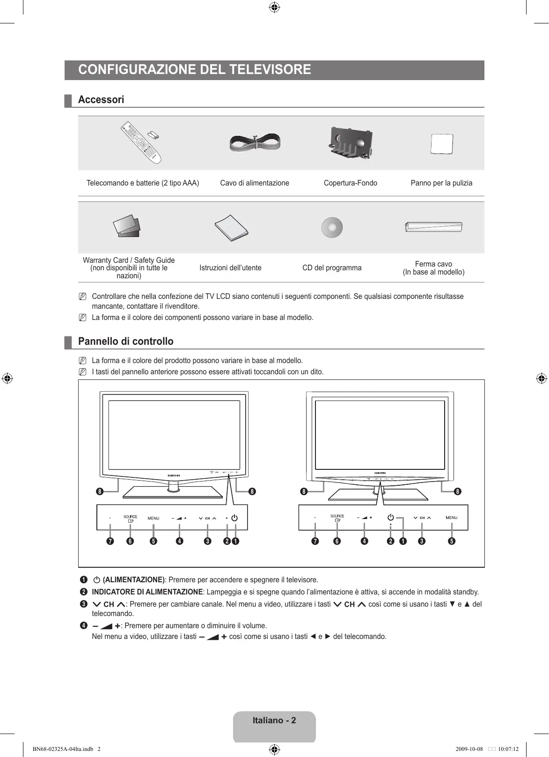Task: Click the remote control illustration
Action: [141, 142]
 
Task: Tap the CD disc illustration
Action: [332, 228]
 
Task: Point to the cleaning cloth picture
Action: [442, 143]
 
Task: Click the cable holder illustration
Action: [433, 227]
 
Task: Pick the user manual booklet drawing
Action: [231, 228]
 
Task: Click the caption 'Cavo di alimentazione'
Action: [255, 183]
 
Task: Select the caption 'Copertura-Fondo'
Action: [350, 183]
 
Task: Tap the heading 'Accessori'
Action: [101, 100]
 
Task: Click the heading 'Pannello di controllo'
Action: [125, 341]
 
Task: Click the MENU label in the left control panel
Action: [154, 518]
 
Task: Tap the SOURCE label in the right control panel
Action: [337, 516]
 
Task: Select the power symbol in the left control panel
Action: [234, 518]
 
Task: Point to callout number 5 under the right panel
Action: [452, 541]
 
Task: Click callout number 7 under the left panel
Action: [110, 541]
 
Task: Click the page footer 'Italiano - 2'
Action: [274, 720]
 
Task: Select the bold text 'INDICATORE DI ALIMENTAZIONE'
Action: [147, 592]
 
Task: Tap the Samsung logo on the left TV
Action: [174, 475]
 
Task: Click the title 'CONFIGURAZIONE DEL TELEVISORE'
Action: [195, 70]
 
